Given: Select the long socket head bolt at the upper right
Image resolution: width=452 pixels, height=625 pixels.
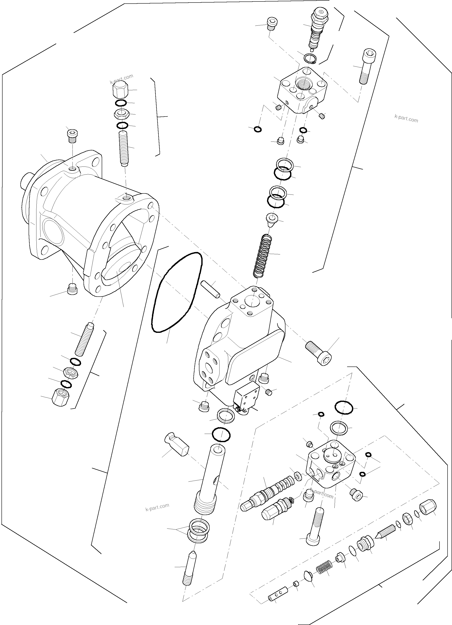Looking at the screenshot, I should pos(367,66).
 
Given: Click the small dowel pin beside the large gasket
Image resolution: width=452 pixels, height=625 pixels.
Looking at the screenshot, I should pos(210,289).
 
